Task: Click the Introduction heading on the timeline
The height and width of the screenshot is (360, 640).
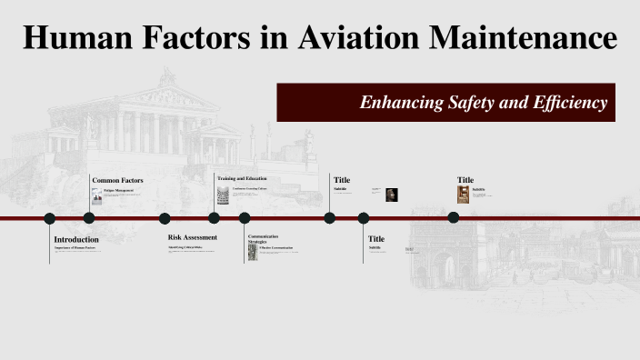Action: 76,239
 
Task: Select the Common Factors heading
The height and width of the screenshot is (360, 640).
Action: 117,180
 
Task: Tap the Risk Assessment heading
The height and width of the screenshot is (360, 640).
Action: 193,237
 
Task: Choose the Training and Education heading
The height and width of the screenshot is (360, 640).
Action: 242,178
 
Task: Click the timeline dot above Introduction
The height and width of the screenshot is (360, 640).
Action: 50,218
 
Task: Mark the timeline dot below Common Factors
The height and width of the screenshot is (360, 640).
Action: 89,218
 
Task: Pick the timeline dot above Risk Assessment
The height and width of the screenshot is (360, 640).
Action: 165,218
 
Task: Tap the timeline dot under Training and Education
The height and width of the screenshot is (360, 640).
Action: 214,218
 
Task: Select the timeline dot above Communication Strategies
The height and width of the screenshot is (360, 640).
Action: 245,218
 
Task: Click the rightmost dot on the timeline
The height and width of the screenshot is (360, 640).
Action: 453,217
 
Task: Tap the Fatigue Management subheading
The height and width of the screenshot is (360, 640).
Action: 118,190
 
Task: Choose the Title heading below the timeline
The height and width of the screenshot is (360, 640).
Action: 376,238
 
